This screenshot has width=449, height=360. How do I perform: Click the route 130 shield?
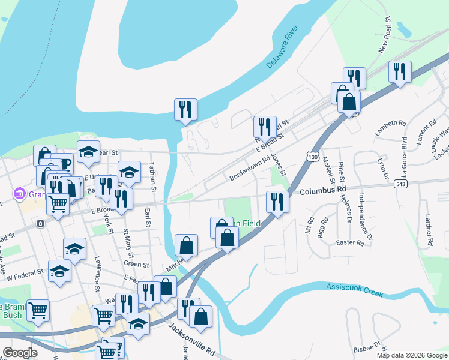pyautogui.click(x=312, y=157)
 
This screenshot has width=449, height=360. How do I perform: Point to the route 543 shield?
pyautogui.click(x=402, y=185)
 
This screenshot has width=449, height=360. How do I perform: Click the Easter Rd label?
pyautogui.click(x=351, y=243)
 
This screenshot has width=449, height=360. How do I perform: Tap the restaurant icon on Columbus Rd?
pyautogui.click(x=277, y=201)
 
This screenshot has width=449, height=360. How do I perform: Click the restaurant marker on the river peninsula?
pyautogui.click(x=185, y=109)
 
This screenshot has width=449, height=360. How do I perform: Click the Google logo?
pyautogui.click(x=20, y=352)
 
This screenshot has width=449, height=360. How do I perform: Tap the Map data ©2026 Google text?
pyautogui.click(x=411, y=355)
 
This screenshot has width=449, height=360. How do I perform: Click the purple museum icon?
pyautogui.click(x=19, y=194)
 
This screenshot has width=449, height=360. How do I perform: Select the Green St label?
pyautogui.click(x=136, y=264)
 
